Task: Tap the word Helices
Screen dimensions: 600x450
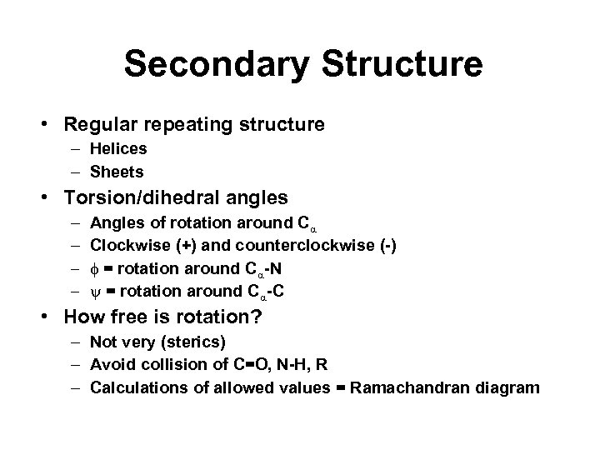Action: point(118,149)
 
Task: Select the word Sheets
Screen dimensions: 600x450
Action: point(117,172)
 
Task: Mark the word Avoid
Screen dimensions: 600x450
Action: point(109,364)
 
